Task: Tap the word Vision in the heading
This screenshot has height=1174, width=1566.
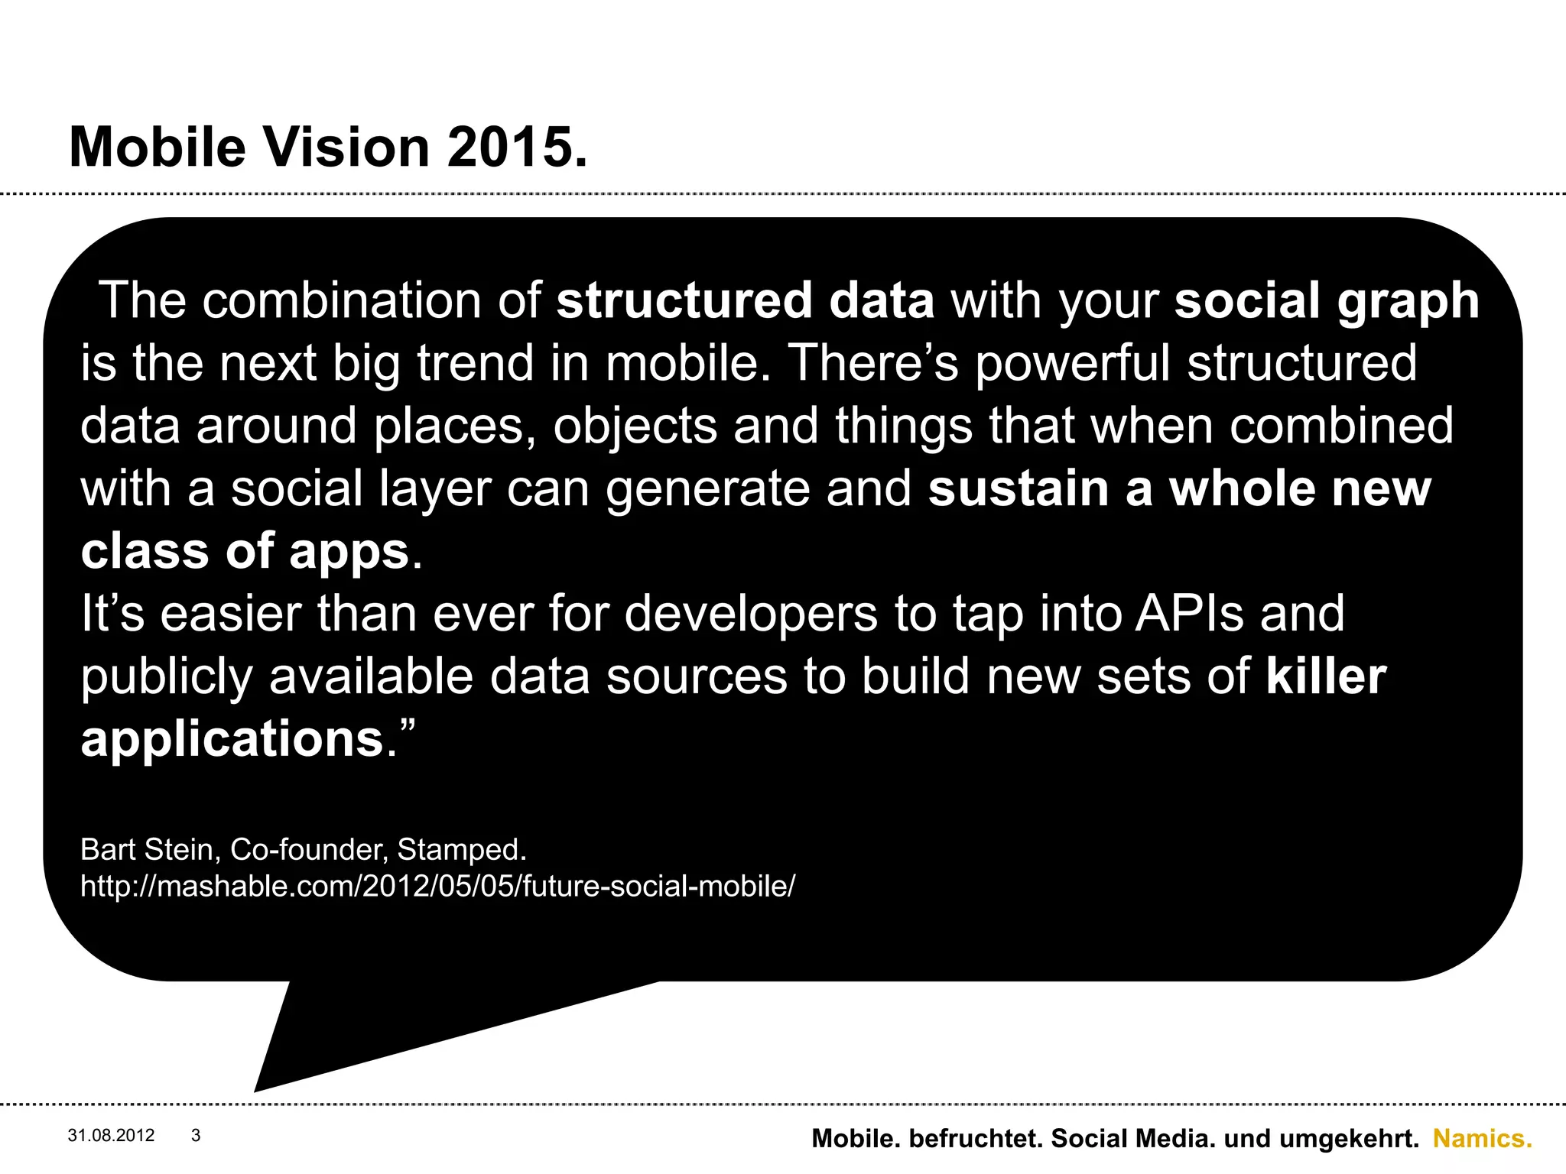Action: (346, 147)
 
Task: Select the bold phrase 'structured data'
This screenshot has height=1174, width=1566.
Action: (745, 300)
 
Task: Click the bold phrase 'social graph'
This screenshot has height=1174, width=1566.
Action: (1327, 300)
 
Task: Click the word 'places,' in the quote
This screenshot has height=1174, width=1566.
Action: (455, 426)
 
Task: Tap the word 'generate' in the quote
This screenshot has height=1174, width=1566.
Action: (708, 489)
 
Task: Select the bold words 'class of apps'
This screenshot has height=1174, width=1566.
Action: (245, 551)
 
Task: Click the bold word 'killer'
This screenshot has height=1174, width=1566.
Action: (1326, 676)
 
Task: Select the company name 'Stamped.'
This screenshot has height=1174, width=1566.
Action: (462, 850)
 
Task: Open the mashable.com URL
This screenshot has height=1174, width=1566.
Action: (437, 887)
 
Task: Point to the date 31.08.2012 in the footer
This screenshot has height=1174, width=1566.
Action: (111, 1136)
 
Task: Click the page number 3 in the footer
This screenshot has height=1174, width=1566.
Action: (196, 1136)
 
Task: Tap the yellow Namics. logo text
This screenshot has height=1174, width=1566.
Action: (1482, 1139)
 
